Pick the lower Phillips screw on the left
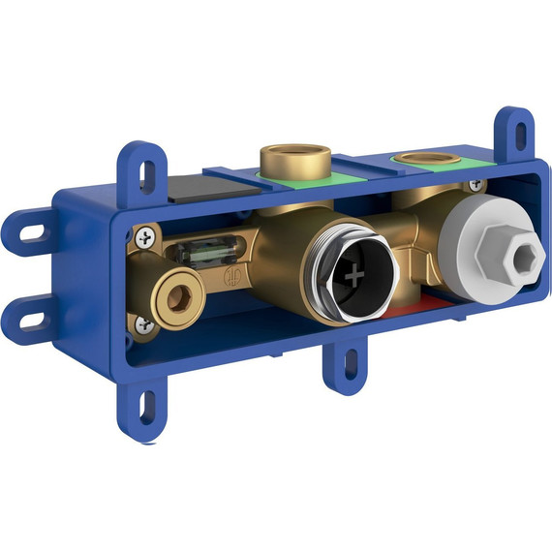(x=145, y=326)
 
